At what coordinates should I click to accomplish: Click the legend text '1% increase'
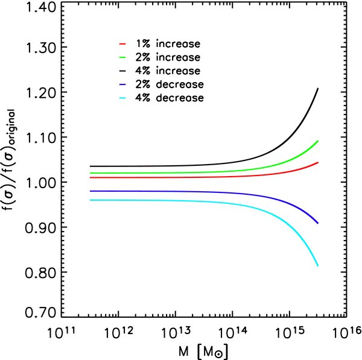click(x=166, y=44)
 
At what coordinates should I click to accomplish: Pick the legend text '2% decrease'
click(x=167, y=83)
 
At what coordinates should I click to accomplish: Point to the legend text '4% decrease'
click(x=167, y=96)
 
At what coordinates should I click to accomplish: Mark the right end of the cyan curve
click(x=317, y=266)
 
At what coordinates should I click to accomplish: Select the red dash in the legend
click(x=122, y=44)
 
